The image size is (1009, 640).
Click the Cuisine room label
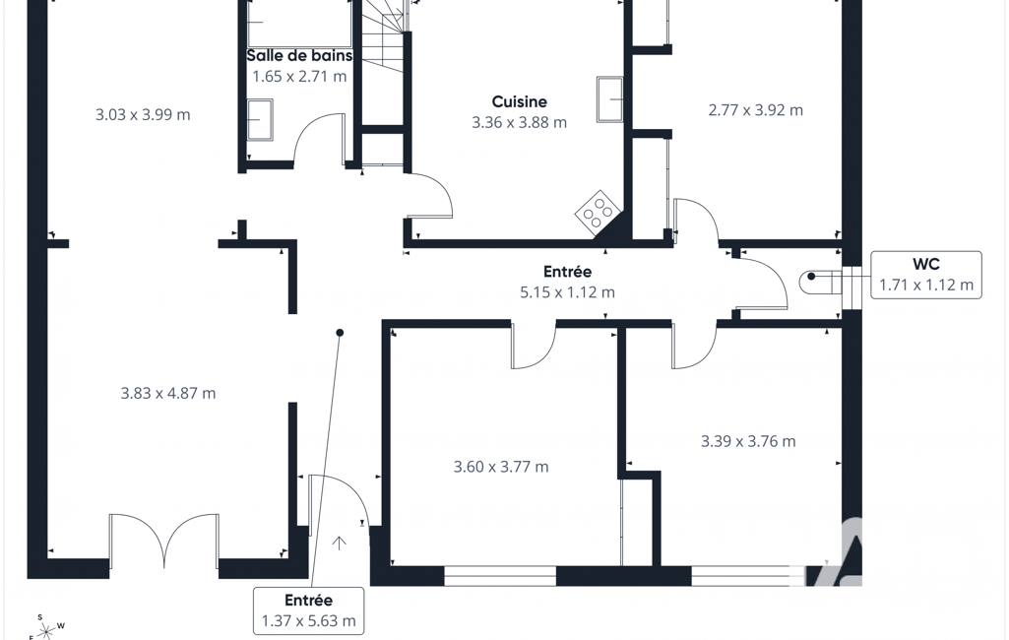520,101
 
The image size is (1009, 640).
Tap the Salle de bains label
300,55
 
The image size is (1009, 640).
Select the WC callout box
926,275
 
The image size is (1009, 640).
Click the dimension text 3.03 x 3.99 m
143,115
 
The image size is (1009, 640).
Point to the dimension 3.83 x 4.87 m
168,393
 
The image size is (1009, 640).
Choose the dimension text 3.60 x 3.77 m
501,467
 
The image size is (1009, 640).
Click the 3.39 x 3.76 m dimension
748,441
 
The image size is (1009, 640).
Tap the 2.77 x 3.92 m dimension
755,110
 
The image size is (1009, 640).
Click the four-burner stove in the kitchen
598,210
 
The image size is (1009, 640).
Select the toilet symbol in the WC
820,282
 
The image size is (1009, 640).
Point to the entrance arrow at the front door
339,544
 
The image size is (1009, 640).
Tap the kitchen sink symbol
609,99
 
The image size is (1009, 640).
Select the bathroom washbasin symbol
260,119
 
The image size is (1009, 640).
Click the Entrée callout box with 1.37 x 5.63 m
308,610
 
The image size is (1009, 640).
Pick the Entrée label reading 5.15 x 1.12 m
567,282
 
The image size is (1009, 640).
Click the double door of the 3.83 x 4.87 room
164,538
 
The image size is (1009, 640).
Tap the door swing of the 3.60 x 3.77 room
534,346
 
